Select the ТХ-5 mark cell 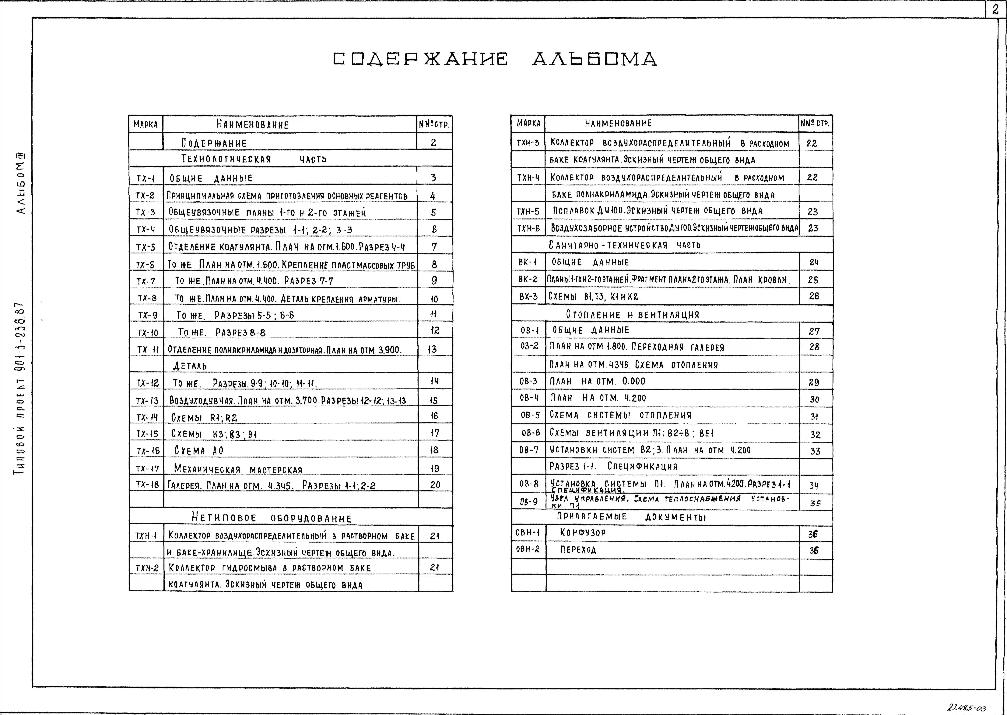point(146,247)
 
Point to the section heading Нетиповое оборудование point(272,518)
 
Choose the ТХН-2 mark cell point(147,568)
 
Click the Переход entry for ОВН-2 point(578,550)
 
